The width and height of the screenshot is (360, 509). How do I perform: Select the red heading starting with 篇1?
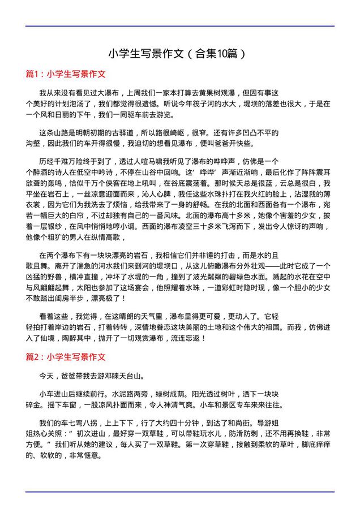(66, 74)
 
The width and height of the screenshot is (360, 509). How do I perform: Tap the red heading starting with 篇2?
(66, 357)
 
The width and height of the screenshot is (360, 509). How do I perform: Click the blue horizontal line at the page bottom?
(180, 491)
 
